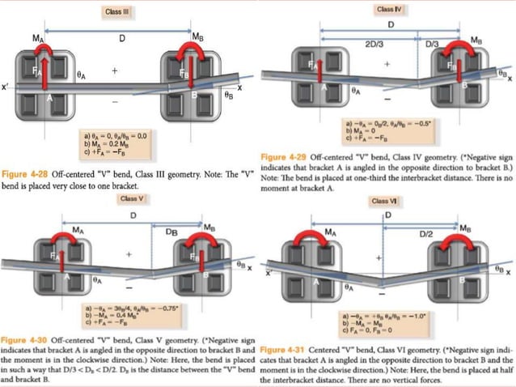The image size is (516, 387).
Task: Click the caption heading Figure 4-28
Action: point(32,174)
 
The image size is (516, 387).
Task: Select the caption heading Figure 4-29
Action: point(290,156)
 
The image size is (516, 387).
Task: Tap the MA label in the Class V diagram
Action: point(78,230)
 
